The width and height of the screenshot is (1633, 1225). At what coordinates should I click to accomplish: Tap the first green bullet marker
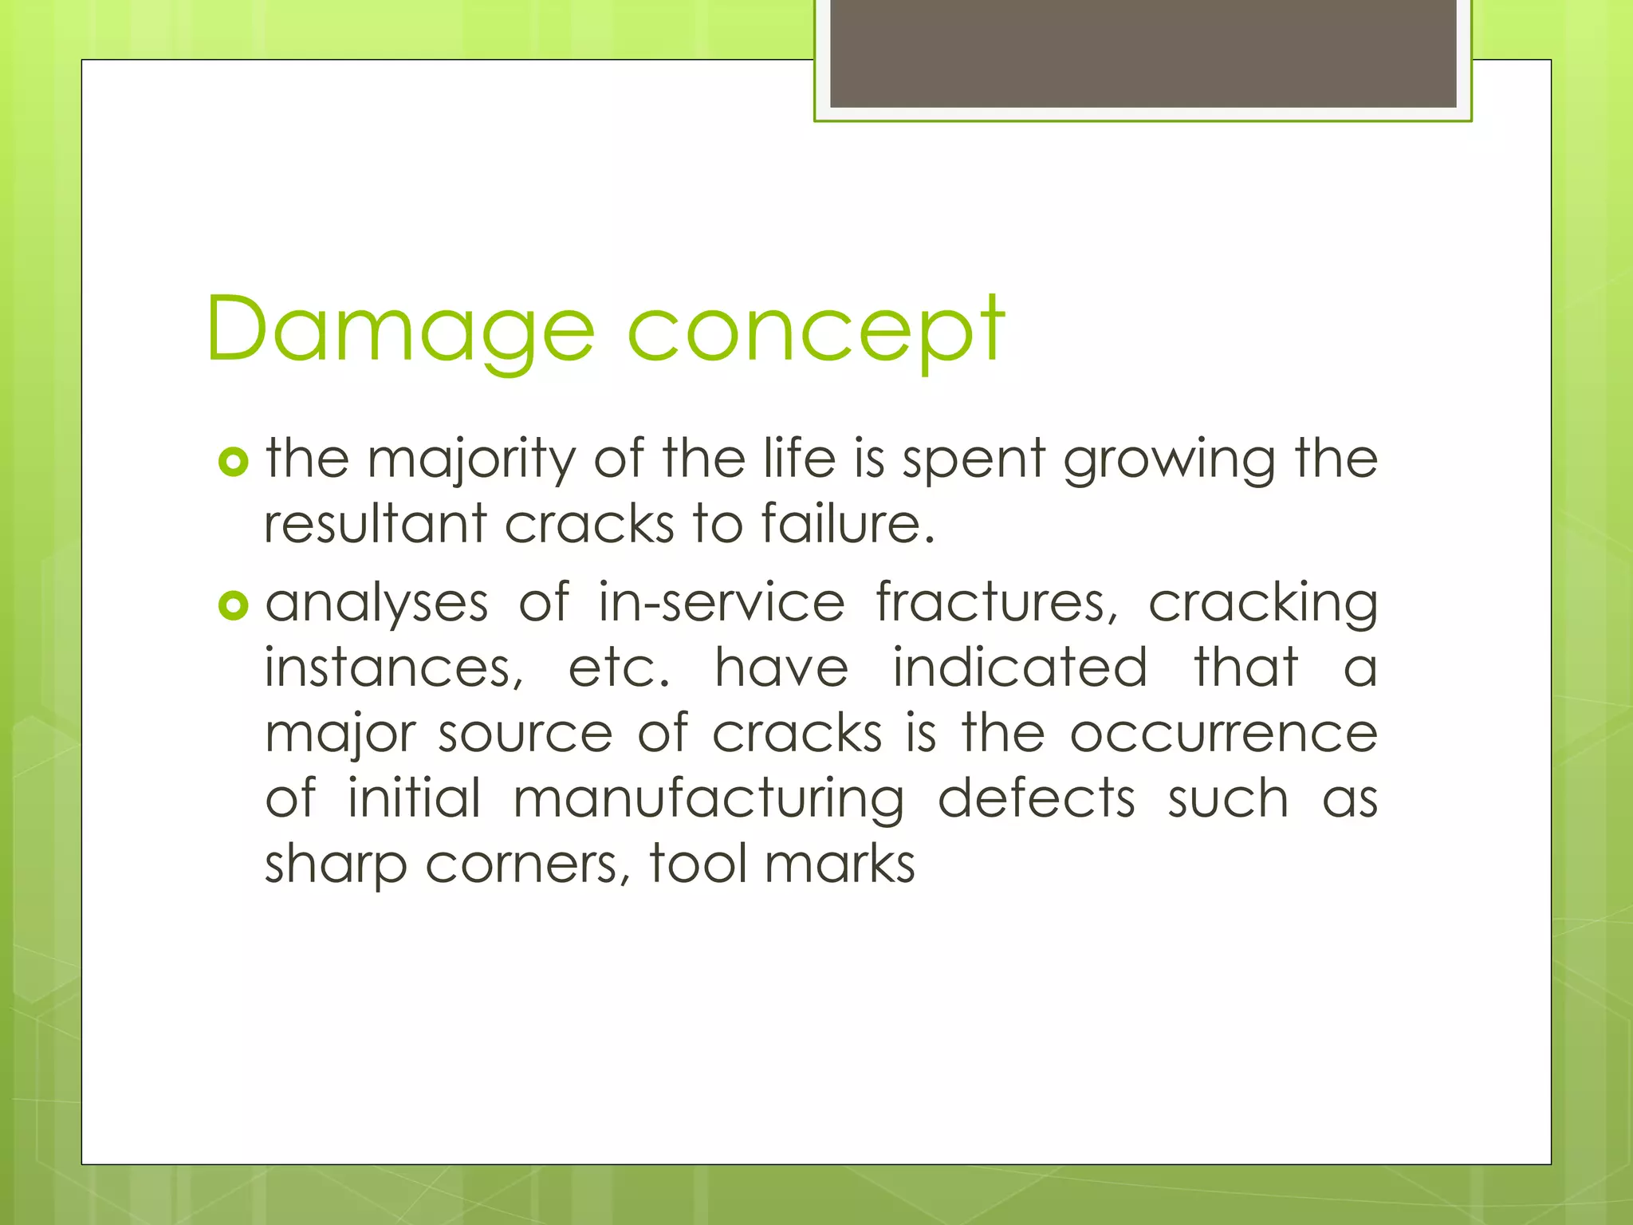(x=233, y=462)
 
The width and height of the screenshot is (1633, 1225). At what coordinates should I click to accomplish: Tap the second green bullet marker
(x=233, y=606)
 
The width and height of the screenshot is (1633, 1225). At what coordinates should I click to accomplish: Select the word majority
(x=470, y=460)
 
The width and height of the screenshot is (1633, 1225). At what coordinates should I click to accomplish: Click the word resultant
(x=375, y=524)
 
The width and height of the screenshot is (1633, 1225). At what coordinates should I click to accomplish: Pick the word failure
(x=847, y=524)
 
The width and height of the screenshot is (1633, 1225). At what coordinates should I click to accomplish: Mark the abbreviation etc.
(x=618, y=668)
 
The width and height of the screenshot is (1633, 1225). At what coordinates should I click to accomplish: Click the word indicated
(x=1020, y=668)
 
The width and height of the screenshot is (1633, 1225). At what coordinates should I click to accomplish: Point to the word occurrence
(x=1223, y=734)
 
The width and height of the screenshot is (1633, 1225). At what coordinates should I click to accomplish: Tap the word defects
(x=1036, y=799)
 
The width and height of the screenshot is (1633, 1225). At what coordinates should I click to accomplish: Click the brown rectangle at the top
(x=1143, y=53)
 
